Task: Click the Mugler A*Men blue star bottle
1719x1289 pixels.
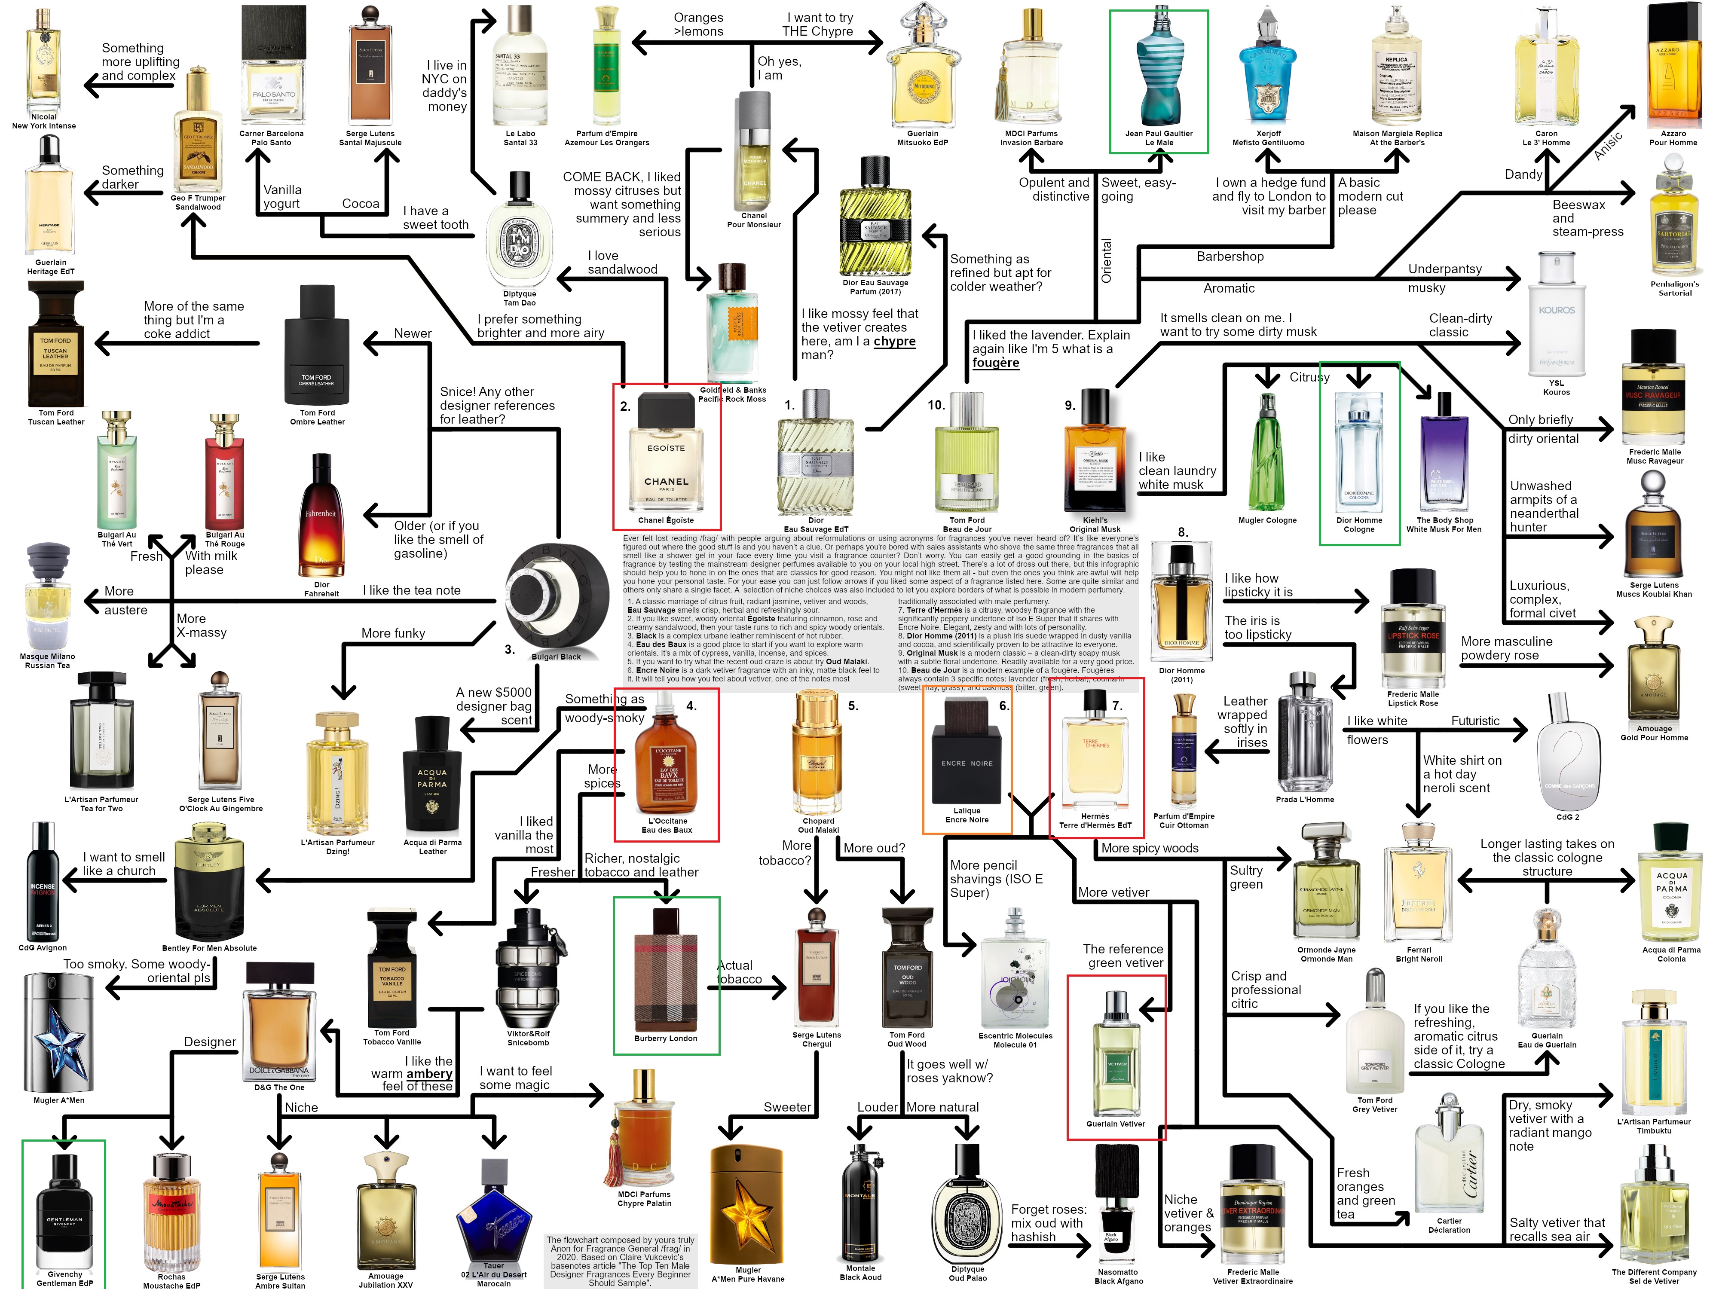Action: click(x=59, y=1033)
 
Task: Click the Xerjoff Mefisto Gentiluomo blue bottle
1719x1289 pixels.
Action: click(x=1268, y=74)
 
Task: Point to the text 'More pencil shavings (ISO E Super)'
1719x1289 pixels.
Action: click(x=996, y=879)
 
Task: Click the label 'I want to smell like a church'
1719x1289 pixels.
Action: click(x=124, y=864)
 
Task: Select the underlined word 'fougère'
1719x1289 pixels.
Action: click(x=995, y=363)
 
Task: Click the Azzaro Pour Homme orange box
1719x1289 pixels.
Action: click(x=1673, y=66)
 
